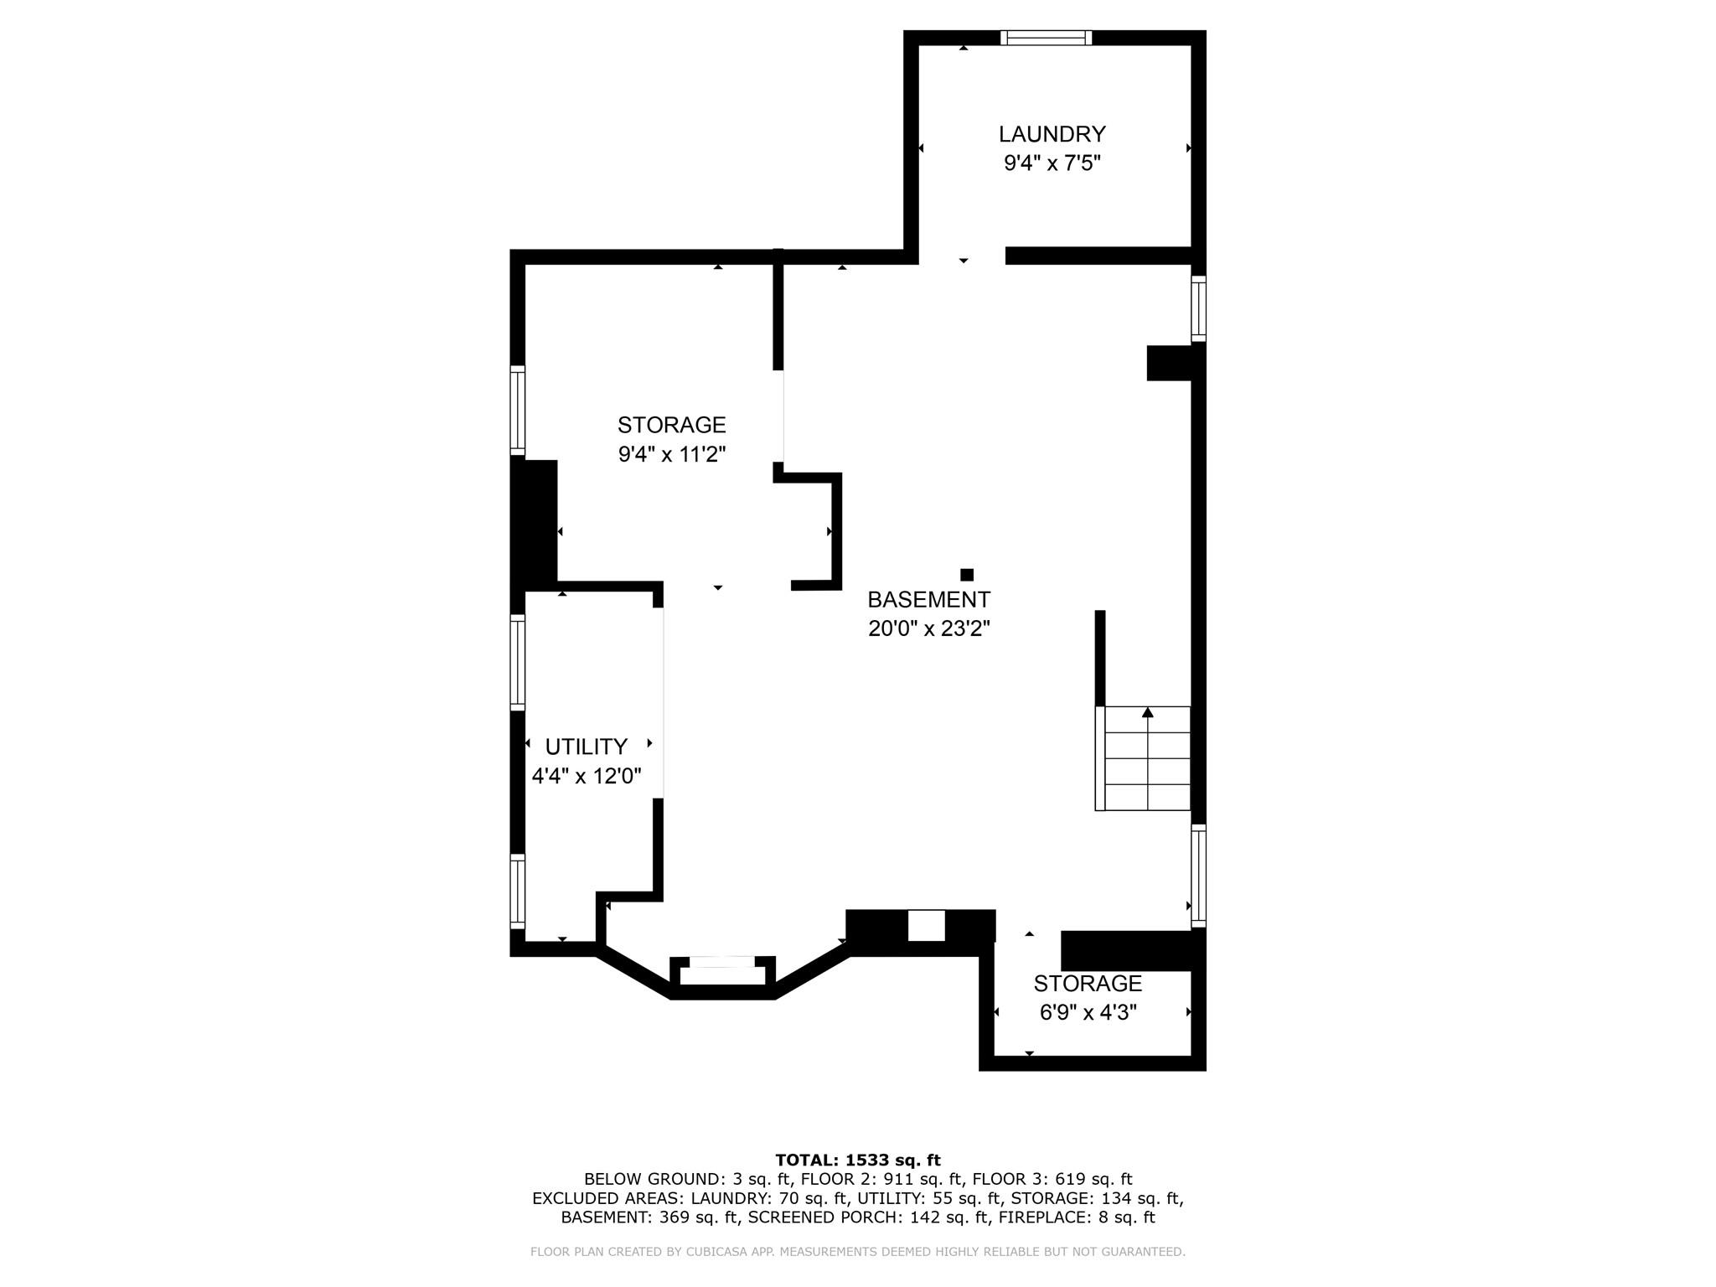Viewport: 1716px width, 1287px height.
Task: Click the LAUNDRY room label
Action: click(x=1052, y=134)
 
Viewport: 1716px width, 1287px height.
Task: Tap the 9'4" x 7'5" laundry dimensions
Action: click(x=1052, y=163)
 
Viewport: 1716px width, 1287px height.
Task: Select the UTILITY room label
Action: click(x=586, y=747)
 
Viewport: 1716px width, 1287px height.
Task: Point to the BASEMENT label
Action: click(x=928, y=600)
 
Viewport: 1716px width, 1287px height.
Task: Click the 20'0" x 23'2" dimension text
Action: click(x=928, y=628)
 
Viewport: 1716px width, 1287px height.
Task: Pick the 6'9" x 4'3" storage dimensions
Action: click(x=1088, y=1012)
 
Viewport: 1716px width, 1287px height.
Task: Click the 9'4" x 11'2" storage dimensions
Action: click(x=671, y=454)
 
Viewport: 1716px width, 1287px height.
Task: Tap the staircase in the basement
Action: click(x=1143, y=758)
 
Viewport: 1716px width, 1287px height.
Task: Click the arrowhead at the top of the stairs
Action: click(x=1148, y=712)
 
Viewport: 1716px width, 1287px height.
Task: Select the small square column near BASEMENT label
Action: click(x=967, y=575)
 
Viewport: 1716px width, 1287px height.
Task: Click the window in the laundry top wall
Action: click(x=1047, y=37)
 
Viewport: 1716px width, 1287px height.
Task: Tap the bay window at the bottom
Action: click(x=722, y=970)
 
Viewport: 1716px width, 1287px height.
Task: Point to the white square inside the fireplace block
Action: click(x=927, y=925)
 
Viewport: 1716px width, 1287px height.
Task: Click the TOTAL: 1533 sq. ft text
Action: click(x=858, y=1160)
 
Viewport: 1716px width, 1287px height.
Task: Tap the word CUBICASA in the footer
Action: click(x=742, y=1252)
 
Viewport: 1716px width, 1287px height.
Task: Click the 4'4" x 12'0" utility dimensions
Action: click(x=587, y=776)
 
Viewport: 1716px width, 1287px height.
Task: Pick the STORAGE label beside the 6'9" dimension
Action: click(x=1088, y=984)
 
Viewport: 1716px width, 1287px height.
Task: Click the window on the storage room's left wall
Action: click(x=518, y=411)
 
